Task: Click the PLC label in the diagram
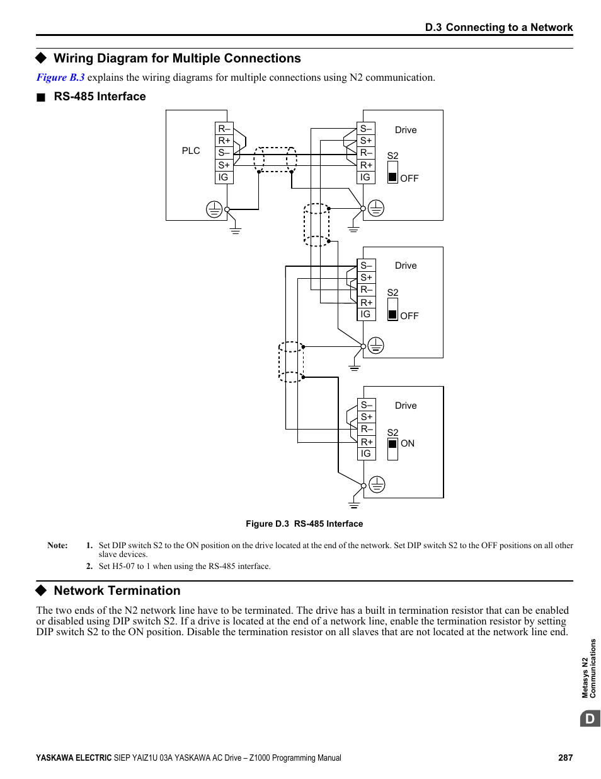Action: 191,151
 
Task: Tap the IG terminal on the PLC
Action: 224,177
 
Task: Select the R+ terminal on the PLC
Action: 224,141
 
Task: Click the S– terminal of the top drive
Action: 366,129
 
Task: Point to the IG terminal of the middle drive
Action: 366,314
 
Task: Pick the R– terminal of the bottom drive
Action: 367,429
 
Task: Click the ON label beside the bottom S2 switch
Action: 408,443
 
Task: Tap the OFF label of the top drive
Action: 409,179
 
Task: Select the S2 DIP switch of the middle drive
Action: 392,310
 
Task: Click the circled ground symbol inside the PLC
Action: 214,209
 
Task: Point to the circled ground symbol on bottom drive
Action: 377,484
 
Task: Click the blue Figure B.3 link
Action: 60,78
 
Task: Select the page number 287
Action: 565,758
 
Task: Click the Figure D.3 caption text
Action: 304,524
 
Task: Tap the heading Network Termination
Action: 117,590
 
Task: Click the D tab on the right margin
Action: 590,718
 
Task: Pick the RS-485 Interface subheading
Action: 100,97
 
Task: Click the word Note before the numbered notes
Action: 57,546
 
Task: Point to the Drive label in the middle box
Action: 406,266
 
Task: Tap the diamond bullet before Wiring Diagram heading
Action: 42,58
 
